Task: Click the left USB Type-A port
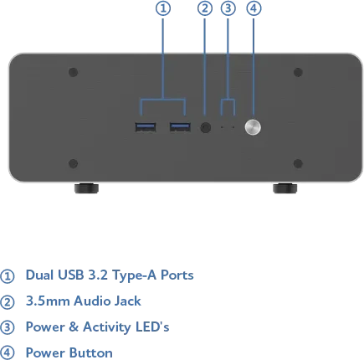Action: [146, 127]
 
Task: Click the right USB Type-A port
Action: [180, 127]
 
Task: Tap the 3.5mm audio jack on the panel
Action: [206, 127]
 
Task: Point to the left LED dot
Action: [222, 127]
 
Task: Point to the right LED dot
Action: [233, 127]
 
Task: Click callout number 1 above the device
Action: [163, 8]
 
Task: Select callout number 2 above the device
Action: [205, 8]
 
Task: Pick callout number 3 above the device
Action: [228, 8]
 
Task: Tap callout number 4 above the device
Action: [254, 8]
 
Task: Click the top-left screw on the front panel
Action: [73, 72]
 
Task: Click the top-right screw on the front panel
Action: [298, 72]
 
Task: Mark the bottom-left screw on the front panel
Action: [73, 163]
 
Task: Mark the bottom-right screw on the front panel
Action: [298, 163]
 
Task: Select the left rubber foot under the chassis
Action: [86, 188]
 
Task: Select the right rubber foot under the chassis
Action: [285, 188]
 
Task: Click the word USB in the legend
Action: [71, 275]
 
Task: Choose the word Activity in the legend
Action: [107, 327]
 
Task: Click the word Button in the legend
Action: [91, 353]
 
